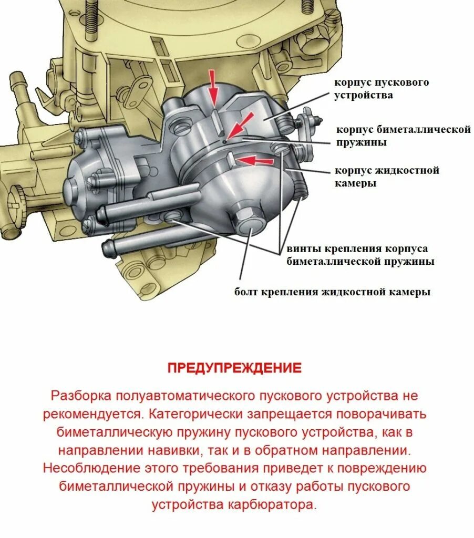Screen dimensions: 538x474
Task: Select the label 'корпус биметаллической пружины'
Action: pyautogui.click(x=403, y=136)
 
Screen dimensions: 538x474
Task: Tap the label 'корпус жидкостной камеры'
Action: pyautogui.click(x=387, y=177)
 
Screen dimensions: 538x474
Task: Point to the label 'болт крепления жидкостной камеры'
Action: pyautogui.click(x=332, y=292)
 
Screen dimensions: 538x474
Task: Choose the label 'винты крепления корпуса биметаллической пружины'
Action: pyautogui.click(x=360, y=255)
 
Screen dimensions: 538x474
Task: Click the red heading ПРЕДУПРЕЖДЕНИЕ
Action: pyautogui.click(x=235, y=368)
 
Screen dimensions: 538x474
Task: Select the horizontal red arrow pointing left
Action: pyautogui.click(x=255, y=160)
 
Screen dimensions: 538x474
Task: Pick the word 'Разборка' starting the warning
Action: pyautogui.click(x=81, y=396)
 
